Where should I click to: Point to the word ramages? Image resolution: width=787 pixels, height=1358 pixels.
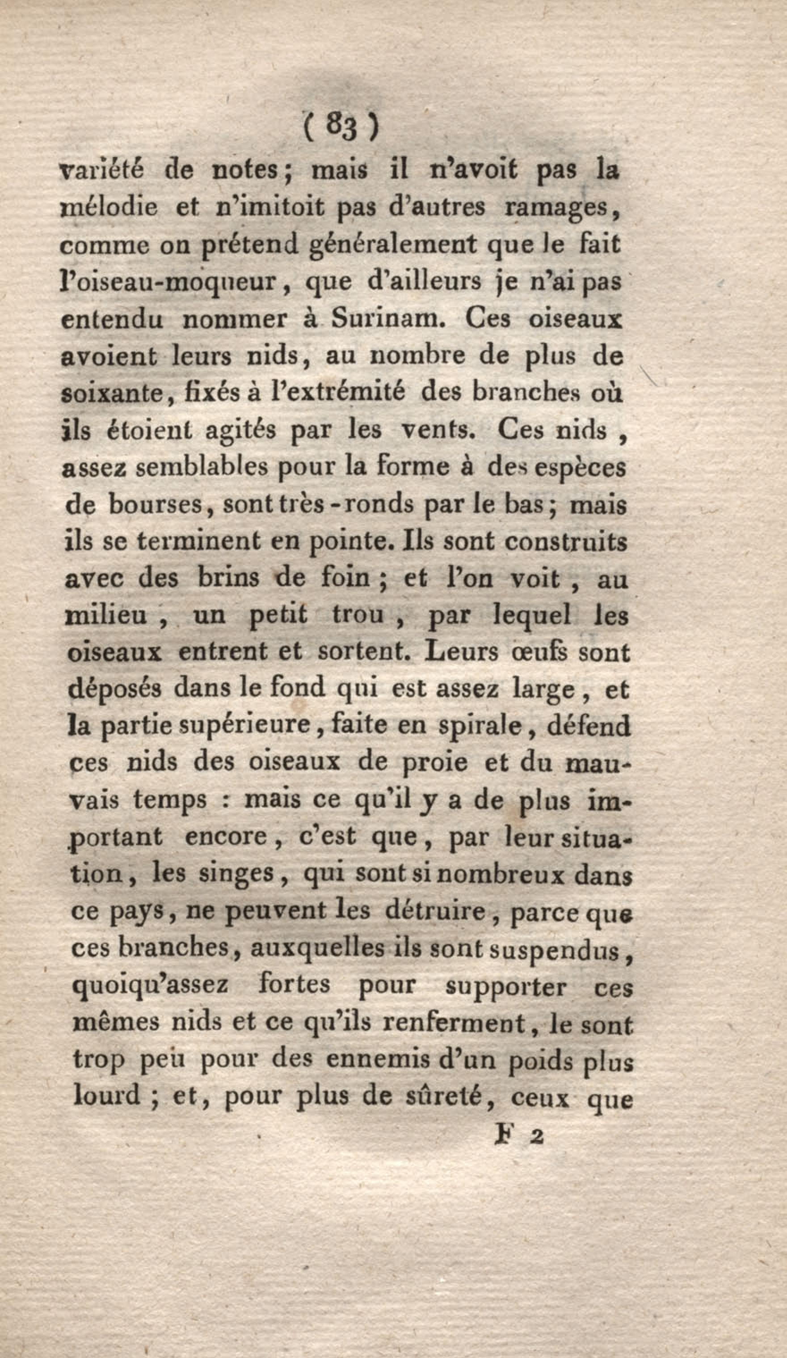coord(558,208)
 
